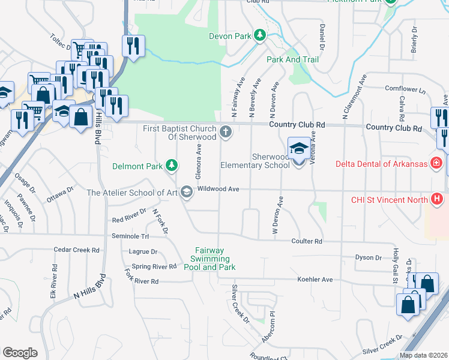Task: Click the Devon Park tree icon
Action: pos(260,36)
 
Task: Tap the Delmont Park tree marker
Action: pos(172,165)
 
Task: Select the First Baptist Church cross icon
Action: pos(226,132)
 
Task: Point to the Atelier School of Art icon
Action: pos(187,193)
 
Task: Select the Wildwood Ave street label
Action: pos(218,189)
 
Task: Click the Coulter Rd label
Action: pos(307,241)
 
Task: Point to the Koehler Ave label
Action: pos(315,280)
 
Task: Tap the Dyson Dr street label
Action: pos(369,258)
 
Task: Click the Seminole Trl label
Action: pos(130,236)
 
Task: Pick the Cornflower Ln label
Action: pos(405,89)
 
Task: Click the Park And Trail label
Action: pos(292,60)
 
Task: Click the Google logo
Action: pos(20,353)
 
